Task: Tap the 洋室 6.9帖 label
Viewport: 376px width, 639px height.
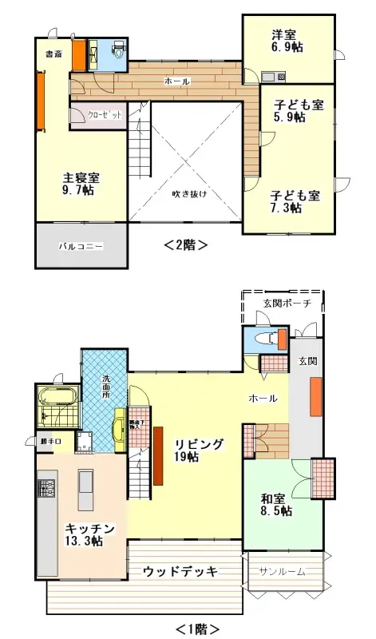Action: click(x=287, y=42)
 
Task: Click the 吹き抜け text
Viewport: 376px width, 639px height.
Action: click(x=188, y=193)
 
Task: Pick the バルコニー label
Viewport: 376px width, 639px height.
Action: click(x=80, y=247)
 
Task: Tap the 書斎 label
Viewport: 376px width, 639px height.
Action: click(x=53, y=54)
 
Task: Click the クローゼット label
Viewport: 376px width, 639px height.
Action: click(x=105, y=115)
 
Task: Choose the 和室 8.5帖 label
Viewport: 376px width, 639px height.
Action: click(x=275, y=505)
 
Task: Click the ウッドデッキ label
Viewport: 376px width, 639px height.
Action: click(x=180, y=571)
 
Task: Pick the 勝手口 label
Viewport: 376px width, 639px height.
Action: click(x=50, y=440)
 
